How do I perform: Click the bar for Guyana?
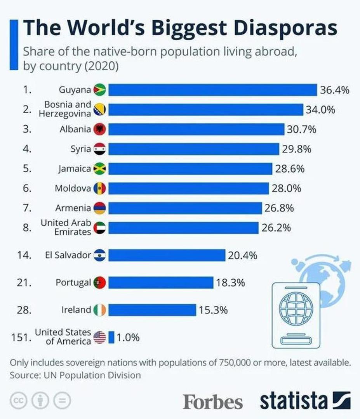pyautogui.click(x=212, y=90)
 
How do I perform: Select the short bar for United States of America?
pyautogui.click(x=111, y=337)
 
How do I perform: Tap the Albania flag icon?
pyautogui.click(x=100, y=129)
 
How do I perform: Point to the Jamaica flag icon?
pyautogui.click(x=100, y=169)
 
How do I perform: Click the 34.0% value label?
pyautogui.click(x=320, y=110)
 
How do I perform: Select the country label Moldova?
pyautogui.click(x=73, y=189)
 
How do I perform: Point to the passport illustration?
pyautogui.click(x=296, y=315)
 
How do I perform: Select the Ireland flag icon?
pyautogui.click(x=100, y=310)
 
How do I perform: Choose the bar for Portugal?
pyautogui.click(x=161, y=282)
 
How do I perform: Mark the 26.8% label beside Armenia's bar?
pyautogui.click(x=279, y=208)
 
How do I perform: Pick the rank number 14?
pyautogui.click(x=24, y=255)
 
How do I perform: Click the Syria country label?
pyautogui.click(x=81, y=149)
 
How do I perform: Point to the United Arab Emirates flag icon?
pyautogui.click(x=100, y=228)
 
